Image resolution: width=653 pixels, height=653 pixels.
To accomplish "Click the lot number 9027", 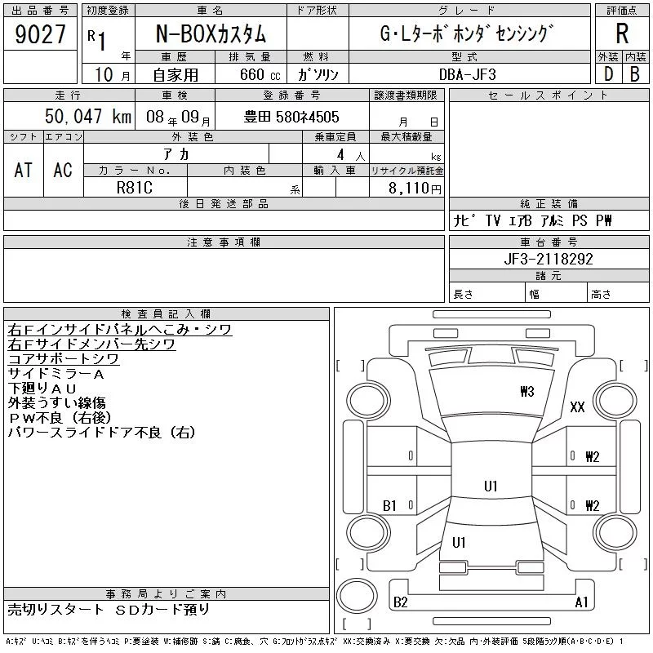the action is click(40, 34).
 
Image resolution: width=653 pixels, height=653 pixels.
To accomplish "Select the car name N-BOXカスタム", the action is click(211, 33).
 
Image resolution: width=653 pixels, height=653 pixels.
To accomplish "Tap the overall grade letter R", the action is click(622, 33).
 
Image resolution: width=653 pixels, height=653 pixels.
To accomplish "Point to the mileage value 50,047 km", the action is click(88, 116).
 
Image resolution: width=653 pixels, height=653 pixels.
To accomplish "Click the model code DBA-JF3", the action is click(468, 74).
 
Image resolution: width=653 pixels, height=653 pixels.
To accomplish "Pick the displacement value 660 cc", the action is click(260, 74).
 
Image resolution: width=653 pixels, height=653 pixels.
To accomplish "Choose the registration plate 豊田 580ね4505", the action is click(291, 117).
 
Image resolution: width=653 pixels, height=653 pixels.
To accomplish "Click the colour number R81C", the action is click(135, 188).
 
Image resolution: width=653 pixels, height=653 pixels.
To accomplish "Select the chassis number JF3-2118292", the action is click(549, 259).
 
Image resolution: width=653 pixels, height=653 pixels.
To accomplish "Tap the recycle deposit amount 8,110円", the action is click(415, 189).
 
